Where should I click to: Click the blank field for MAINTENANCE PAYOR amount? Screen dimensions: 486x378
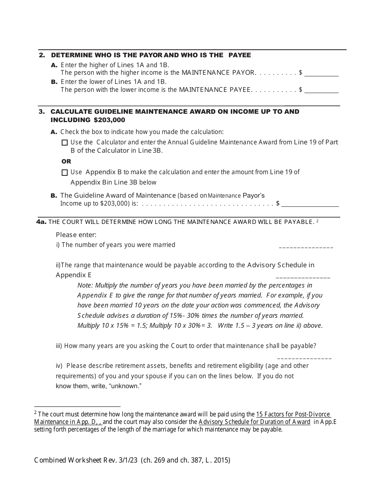click(x=321, y=74)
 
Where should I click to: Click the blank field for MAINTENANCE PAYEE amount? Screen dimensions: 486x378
click(x=321, y=90)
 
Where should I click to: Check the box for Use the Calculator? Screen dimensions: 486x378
click(x=65, y=142)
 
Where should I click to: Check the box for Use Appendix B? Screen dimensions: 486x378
click(x=65, y=173)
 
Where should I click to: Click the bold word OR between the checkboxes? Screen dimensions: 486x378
click(x=66, y=161)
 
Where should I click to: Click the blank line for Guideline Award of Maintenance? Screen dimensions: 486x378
click(x=310, y=204)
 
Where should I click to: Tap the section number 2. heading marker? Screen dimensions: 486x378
click(x=42, y=55)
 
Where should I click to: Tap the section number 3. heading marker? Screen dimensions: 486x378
click(x=42, y=112)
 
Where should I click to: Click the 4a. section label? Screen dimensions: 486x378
click(x=41, y=222)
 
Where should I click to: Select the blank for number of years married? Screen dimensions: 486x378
click(x=306, y=247)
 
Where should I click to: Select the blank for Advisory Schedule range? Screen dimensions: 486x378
click(x=303, y=276)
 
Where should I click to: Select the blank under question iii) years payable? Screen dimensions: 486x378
click(x=304, y=358)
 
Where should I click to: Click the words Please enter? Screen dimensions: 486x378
click(x=76, y=235)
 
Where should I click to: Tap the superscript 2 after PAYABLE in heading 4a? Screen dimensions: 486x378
click(x=318, y=220)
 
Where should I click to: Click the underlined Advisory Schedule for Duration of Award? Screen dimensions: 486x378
click(x=254, y=422)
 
